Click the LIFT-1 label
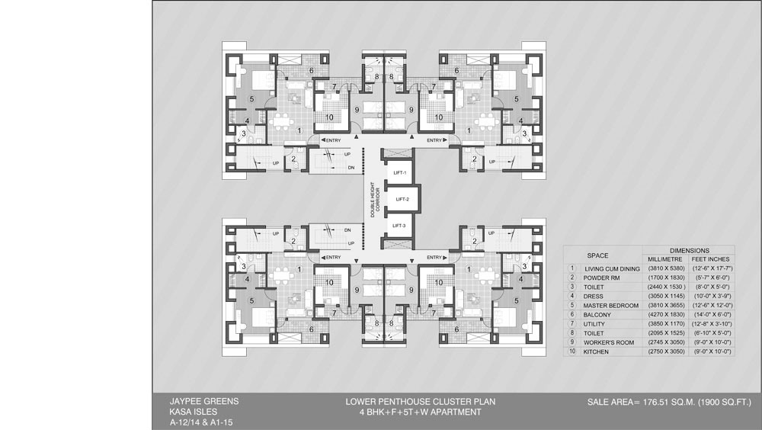tap(400, 174)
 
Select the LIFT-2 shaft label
tap(400, 200)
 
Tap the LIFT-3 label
tap(400, 226)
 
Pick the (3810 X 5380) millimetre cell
tap(664, 269)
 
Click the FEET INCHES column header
tap(710, 259)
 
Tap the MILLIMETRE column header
tap(664, 259)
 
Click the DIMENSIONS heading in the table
tap(689, 250)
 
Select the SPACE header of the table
tap(597, 255)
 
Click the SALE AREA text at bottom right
tap(669, 401)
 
